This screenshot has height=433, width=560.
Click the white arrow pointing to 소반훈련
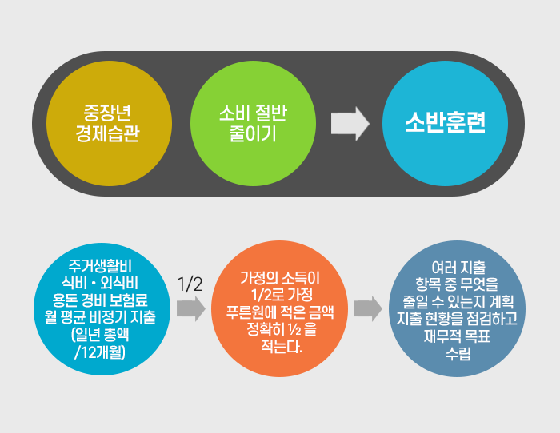pyautogui.click(x=350, y=123)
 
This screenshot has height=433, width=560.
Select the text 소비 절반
pyautogui.click(x=247, y=112)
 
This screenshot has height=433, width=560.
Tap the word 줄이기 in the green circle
pyautogui.click(x=247, y=133)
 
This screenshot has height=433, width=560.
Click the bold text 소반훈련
pyautogui.click(x=446, y=123)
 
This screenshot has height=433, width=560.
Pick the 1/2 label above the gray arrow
pyautogui.click(x=190, y=284)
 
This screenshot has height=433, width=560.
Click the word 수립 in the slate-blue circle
pyautogui.click(x=458, y=353)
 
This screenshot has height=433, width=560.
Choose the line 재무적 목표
pyautogui.click(x=458, y=336)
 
